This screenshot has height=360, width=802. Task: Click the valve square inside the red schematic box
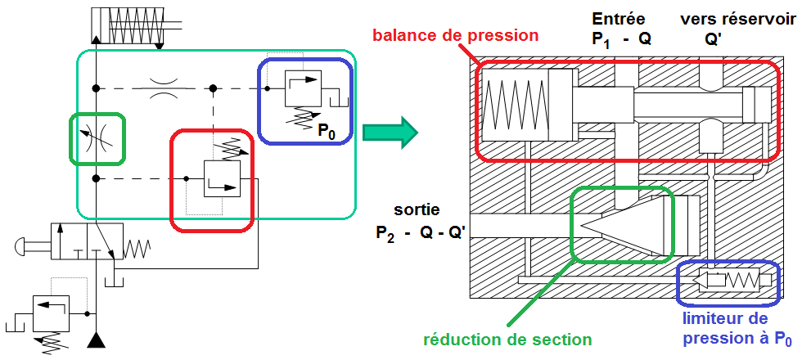tap(221, 178)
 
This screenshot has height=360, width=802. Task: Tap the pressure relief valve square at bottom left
tap(48, 313)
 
